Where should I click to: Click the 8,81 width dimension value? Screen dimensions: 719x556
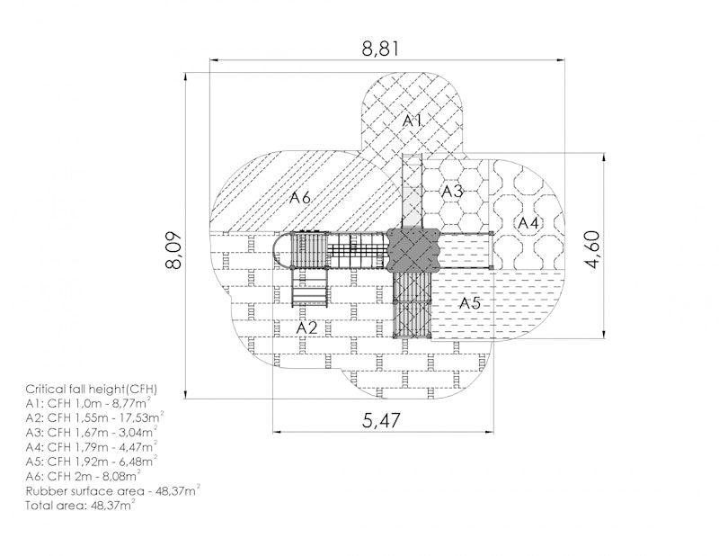point(380,49)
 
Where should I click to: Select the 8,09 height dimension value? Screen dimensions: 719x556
point(174,251)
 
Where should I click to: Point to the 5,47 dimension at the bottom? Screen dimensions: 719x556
point(381,420)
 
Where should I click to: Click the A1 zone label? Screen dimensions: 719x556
point(412,121)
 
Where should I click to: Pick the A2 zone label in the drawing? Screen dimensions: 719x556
point(306,327)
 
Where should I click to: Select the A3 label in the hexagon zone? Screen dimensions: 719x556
point(452,191)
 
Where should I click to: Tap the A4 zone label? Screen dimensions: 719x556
point(528,224)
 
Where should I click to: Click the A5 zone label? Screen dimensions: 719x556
point(469,303)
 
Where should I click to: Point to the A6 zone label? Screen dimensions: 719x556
point(300,198)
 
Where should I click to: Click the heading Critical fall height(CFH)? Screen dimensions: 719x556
point(92,390)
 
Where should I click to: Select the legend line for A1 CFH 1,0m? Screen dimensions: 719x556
point(88,404)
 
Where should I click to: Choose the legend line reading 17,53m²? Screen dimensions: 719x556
point(94,417)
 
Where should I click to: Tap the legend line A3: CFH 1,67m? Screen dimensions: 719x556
point(92,432)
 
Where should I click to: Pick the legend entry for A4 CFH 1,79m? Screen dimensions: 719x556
point(92,446)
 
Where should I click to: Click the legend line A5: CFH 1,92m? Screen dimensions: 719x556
point(92,461)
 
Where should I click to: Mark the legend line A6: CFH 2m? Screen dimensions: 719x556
point(83,475)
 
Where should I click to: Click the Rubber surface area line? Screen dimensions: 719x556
point(112,490)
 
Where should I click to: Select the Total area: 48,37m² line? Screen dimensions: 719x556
point(80,506)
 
